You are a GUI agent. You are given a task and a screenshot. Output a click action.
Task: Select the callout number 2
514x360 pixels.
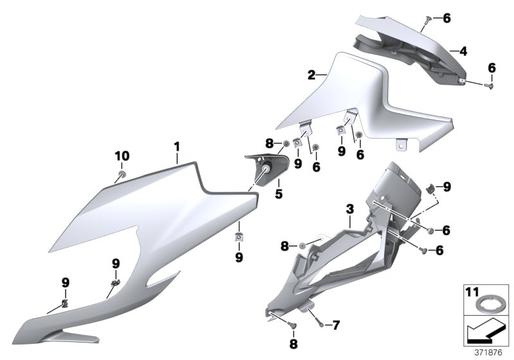(312, 75)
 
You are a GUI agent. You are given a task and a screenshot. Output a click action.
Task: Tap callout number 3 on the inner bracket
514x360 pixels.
(349, 210)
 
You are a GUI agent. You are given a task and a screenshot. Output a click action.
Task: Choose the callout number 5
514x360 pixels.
(279, 192)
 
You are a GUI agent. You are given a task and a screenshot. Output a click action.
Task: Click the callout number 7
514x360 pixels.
(335, 325)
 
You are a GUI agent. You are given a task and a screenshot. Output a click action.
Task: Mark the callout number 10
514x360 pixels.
(121, 156)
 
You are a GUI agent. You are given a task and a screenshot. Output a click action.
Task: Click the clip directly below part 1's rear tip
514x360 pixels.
(239, 237)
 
